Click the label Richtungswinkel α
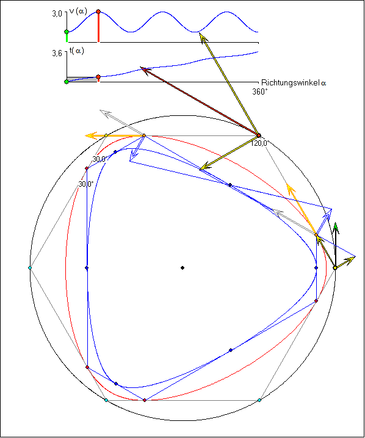294,83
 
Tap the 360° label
260,92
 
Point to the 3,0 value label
57,13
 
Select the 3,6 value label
57,53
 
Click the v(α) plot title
78,12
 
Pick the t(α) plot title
76,51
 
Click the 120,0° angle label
259,143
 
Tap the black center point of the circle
182,268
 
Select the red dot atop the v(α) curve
98,12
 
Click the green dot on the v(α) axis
67,32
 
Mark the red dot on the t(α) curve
98,77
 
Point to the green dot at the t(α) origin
67,82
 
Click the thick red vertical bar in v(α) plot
98,27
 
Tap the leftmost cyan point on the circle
30,268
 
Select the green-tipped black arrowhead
336,228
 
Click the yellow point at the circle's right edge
335,268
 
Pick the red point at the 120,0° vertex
259,135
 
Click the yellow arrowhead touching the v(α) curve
203,37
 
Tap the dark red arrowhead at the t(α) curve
145,70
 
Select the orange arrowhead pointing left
91,135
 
